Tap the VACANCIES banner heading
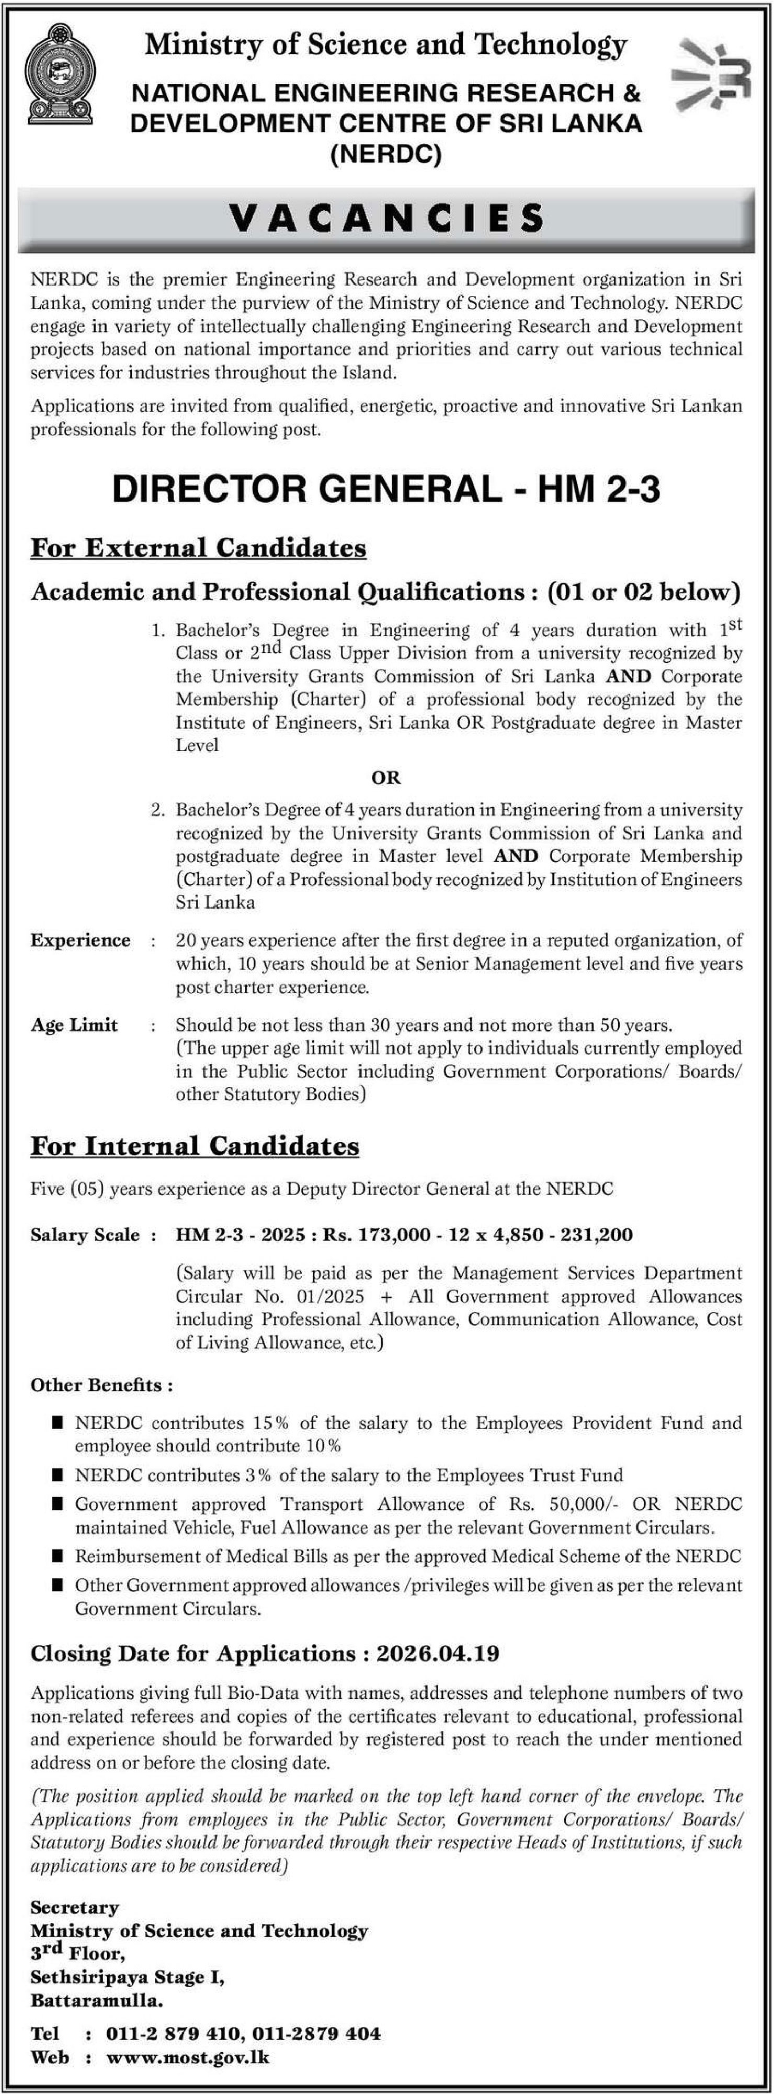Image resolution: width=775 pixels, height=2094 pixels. click(x=386, y=218)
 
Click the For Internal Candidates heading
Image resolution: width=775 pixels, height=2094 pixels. click(x=195, y=1145)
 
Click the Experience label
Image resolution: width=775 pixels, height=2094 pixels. click(x=81, y=941)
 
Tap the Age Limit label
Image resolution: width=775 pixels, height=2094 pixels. click(x=75, y=1025)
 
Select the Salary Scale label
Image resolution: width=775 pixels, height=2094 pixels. click(x=85, y=1235)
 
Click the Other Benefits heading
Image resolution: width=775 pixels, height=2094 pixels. click(x=101, y=1384)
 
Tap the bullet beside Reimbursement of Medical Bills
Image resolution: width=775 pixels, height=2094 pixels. click(x=57, y=1556)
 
